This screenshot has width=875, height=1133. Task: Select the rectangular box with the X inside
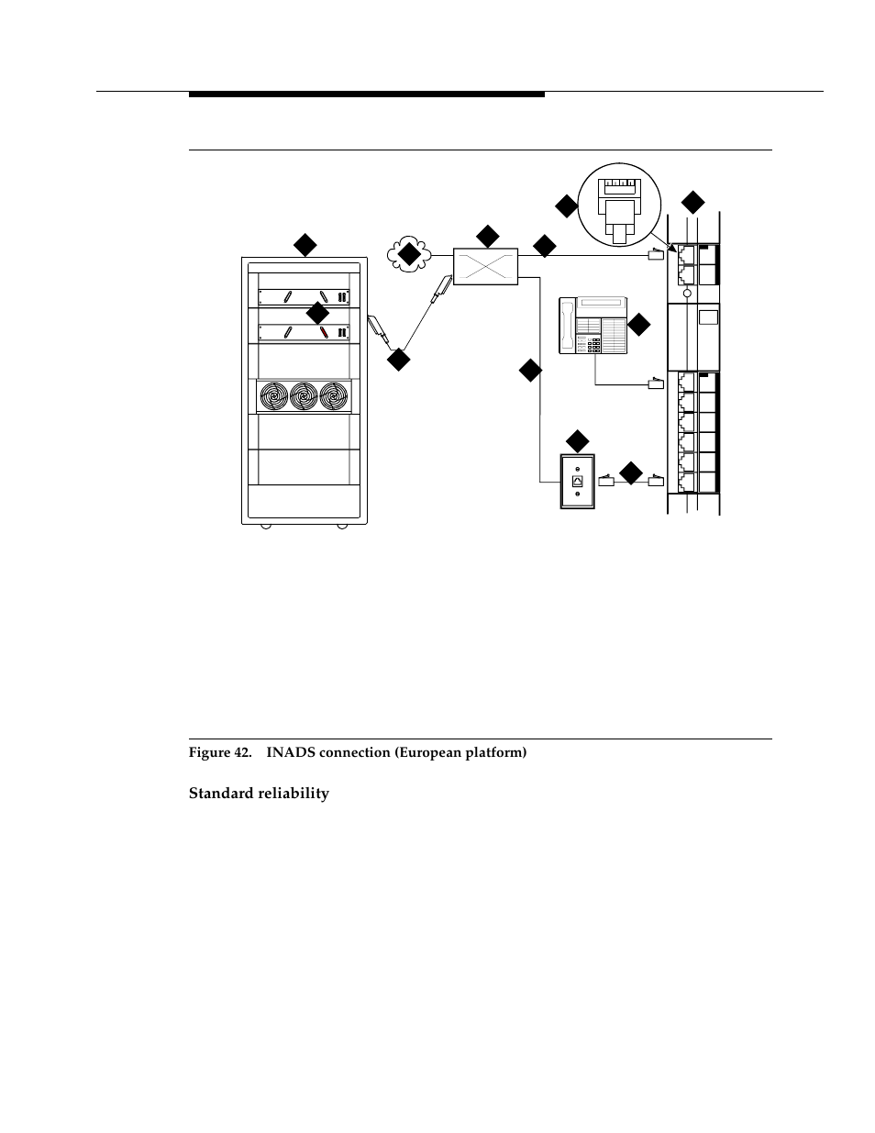coord(486,266)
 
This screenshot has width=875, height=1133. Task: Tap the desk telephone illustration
coord(593,325)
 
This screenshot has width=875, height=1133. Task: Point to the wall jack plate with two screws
coord(578,482)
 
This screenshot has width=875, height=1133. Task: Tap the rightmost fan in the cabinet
coord(335,395)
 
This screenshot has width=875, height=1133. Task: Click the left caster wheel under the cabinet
coord(265,526)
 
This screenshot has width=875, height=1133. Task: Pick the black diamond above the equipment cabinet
coord(305,244)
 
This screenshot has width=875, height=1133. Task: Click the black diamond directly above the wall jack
coord(578,439)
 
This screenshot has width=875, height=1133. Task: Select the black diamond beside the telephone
coord(637,324)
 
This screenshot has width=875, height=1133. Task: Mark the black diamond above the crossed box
coord(487,236)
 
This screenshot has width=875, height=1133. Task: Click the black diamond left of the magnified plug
coord(566,205)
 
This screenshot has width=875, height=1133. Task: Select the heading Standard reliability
coord(259,794)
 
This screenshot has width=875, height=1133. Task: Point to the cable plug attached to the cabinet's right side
coord(377,328)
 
